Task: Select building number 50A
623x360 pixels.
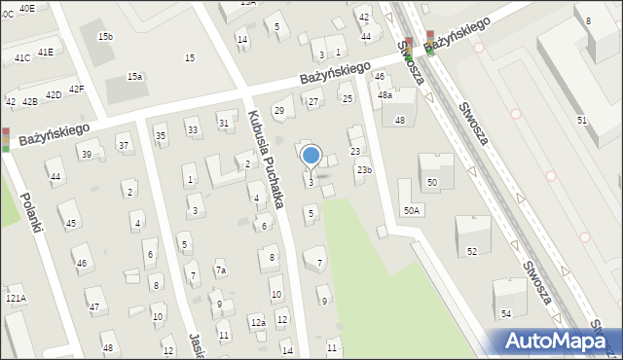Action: click(413, 210)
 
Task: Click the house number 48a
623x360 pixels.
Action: click(385, 95)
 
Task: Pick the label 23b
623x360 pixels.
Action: click(364, 170)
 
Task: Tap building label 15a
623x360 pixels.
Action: click(134, 76)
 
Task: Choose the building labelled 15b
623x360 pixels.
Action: click(105, 36)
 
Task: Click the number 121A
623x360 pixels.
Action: click(16, 298)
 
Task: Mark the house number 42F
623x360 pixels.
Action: click(76, 90)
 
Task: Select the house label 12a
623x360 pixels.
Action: click(257, 322)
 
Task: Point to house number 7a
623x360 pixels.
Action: click(220, 270)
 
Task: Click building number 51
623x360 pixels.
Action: click(581, 120)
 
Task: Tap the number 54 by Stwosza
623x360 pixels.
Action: click(505, 313)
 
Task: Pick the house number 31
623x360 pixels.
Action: click(224, 124)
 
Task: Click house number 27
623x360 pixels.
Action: click(313, 102)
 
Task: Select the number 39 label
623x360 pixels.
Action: click(87, 155)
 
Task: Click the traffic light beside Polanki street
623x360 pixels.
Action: click(6, 140)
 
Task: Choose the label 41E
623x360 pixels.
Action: click(46, 52)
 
